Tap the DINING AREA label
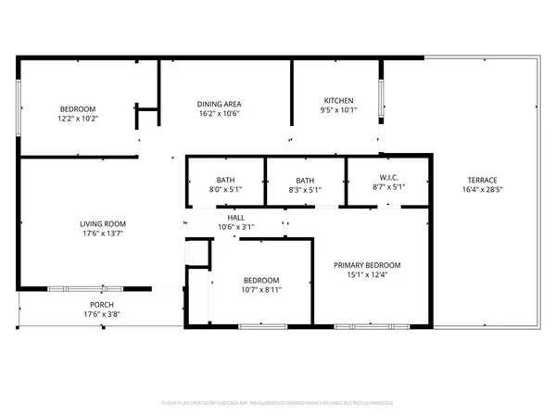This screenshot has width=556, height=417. click(x=220, y=104)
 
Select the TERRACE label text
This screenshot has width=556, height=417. click(x=483, y=180)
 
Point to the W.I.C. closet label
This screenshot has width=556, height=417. click(x=388, y=180)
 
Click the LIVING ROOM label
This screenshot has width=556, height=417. click(x=102, y=223)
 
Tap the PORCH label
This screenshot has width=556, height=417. click(x=102, y=305)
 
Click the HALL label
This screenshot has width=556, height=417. click(x=236, y=217)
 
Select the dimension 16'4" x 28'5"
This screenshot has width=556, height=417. click(x=483, y=190)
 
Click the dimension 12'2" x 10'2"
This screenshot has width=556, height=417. click(x=79, y=119)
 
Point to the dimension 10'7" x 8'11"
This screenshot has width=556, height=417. click(x=261, y=289)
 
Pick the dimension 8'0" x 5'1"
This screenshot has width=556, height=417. click(x=226, y=190)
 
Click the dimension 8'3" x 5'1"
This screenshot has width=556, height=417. click(x=306, y=190)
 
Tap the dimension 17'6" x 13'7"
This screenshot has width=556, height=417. click(x=102, y=234)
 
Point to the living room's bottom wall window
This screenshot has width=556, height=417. click(x=85, y=288)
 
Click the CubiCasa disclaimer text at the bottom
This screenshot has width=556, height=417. click(x=278, y=404)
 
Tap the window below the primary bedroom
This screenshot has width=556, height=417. click(x=370, y=326)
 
